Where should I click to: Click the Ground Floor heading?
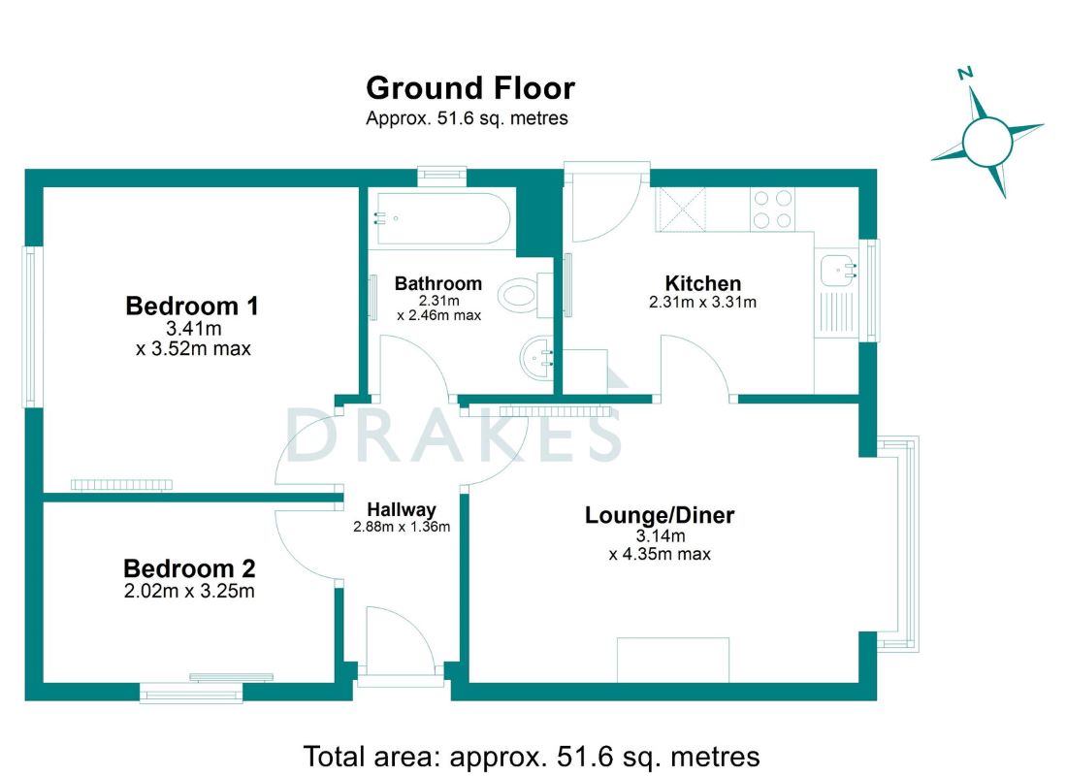tap(470, 88)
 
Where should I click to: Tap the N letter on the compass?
tap(965, 73)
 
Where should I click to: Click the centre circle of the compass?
tap(987, 143)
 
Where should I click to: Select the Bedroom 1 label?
tap(192, 306)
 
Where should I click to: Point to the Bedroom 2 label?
tap(189, 567)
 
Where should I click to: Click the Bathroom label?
tap(438, 283)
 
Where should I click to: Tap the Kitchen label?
tap(703, 283)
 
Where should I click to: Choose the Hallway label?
tap(402, 510)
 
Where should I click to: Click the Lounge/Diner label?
tap(660, 515)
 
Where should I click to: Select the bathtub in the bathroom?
tap(441, 218)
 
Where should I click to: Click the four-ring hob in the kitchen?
tap(772, 209)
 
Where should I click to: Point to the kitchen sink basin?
tap(838, 271)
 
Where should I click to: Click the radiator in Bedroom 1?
tap(122, 485)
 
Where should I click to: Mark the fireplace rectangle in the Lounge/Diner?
tap(673, 660)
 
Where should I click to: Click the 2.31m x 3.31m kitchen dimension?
tap(702, 303)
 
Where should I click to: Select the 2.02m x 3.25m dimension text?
tap(189, 590)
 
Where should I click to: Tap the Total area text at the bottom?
tap(532, 757)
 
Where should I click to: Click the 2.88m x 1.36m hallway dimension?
tap(402, 526)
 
